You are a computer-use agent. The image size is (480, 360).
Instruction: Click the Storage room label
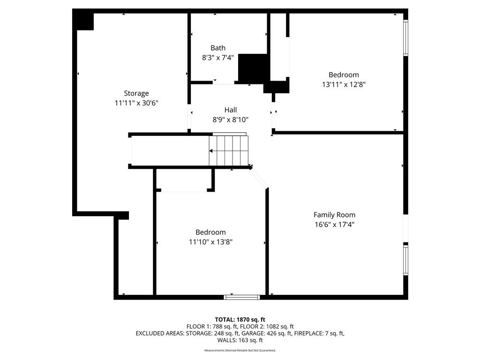[136, 93]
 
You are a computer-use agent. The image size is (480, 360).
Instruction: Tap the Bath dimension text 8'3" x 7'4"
[217, 58]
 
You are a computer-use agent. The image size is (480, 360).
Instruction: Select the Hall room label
[230, 110]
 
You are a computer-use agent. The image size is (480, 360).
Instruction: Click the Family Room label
[334, 215]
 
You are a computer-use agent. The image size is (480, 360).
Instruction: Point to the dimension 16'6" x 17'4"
[334, 225]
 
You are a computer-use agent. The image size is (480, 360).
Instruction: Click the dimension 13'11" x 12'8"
[343, 85]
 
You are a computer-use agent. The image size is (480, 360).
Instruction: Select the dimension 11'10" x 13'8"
[210, 242]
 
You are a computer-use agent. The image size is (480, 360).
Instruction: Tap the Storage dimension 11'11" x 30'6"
[136, 103]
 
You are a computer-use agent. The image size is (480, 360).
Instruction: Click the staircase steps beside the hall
[228, 150]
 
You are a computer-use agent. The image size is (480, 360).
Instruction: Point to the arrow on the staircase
[212, 151]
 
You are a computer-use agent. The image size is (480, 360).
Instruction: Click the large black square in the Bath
[253, 68]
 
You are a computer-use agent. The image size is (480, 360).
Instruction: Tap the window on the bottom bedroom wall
[242, 297]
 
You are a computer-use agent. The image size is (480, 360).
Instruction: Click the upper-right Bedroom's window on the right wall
[406, 38]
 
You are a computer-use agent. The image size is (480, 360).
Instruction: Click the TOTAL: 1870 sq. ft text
[240, 320]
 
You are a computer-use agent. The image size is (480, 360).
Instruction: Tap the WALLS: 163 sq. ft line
[240, 340]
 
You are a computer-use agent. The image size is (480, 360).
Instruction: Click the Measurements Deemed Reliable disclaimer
[240, 351]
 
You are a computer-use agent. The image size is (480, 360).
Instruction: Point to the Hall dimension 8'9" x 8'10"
[230, 120]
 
